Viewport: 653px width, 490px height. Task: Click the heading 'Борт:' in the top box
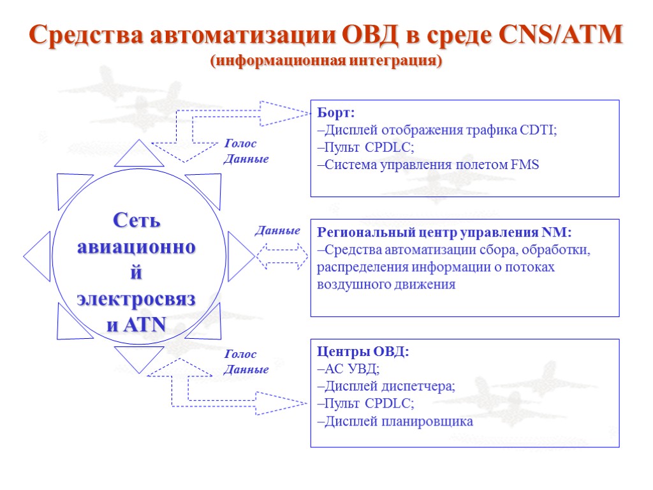pyautogui.click(x=335, y=113)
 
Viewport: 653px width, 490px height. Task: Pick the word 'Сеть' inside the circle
pyautogui.click(x=136, y=221)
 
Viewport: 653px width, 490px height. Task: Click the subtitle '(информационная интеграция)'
pyautogui.click(x=326, y=61)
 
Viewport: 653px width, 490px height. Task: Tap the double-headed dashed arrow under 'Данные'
pyautogui.click(x=282, y=255)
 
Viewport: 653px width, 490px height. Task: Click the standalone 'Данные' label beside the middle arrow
pyautogui.click(x=278, y=230)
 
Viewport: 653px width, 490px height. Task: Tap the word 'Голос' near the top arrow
pyautogui.click(x=240, y=144)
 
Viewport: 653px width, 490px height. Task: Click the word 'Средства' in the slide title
pyautogui.click(x=84, y=35)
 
